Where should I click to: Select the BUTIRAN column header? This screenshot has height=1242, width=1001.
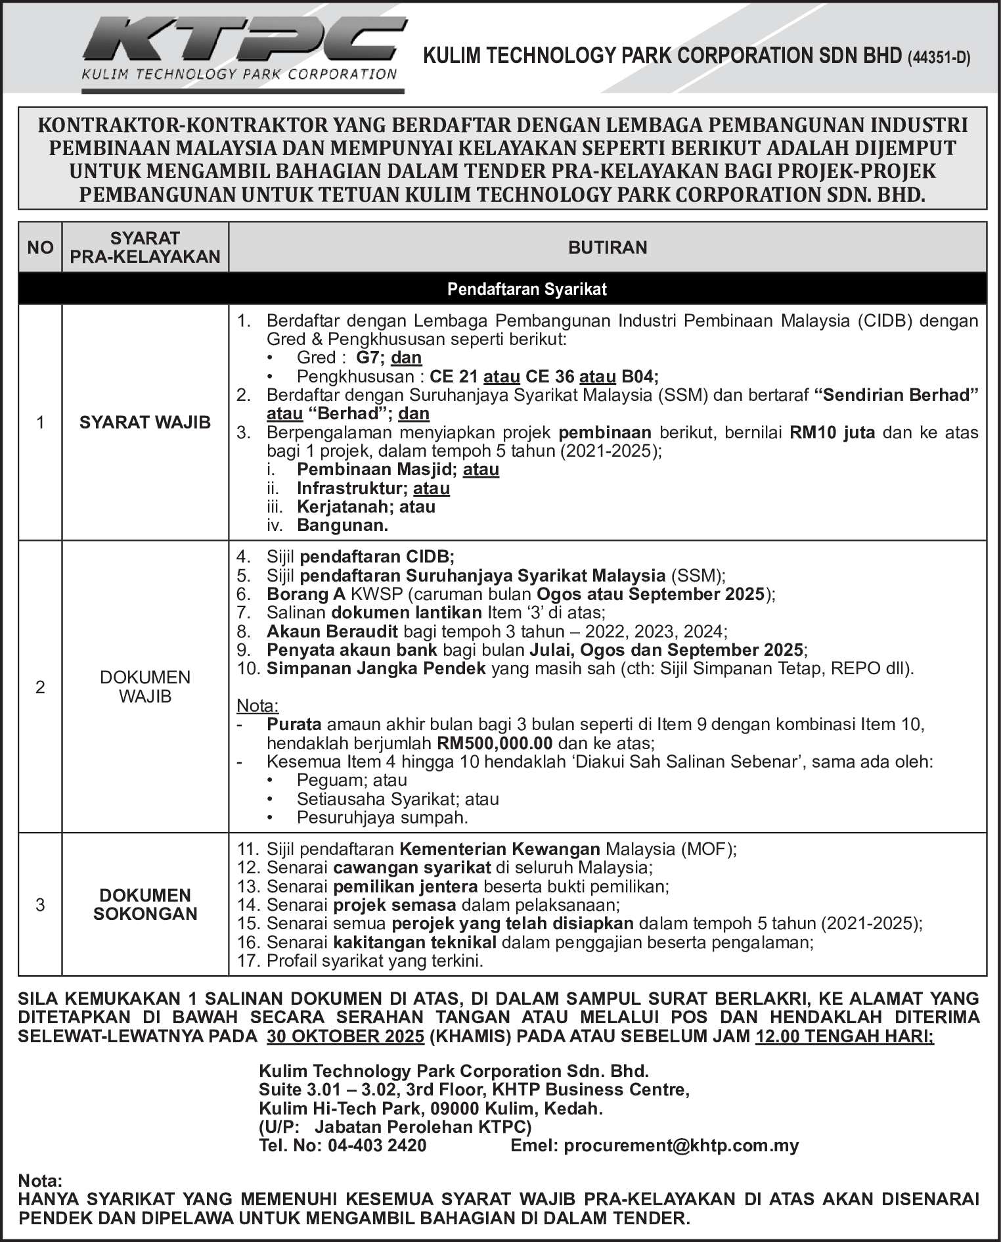(x=608, y=248)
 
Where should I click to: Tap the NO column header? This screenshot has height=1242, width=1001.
(x=40, y=248)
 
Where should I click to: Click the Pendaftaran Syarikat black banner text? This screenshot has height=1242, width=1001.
(x=527, y=289)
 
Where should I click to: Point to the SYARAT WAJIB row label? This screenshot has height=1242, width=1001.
(x=145, y=423)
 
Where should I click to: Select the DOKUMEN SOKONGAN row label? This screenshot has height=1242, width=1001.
(x=145, y=905)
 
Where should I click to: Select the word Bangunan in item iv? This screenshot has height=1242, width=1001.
(x=342, y=526)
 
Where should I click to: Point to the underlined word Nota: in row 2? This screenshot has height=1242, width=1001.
(x=257, y=706)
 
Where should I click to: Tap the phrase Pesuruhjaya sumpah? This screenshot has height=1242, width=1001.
(x=382, y=818)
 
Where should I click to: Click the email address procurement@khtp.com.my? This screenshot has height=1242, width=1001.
(x=681, y=1146)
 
